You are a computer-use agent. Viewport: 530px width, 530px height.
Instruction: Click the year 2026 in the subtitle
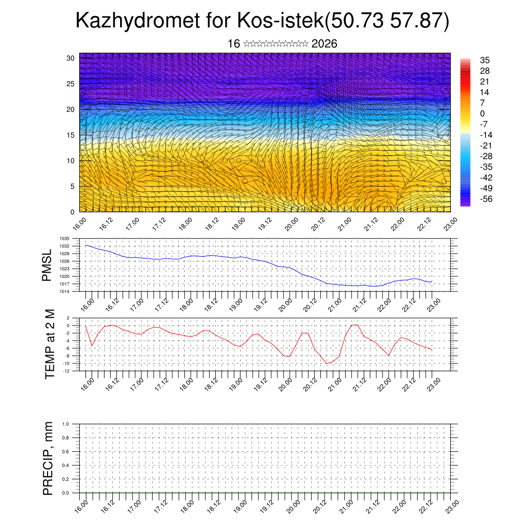point(325,44)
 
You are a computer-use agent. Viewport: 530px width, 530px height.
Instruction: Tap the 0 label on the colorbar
point(482,113)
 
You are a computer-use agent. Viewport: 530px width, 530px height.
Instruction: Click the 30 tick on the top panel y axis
point(71,58)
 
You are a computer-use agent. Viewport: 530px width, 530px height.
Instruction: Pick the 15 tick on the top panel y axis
point(71,135)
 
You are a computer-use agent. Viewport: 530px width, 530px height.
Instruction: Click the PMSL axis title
point(47,265)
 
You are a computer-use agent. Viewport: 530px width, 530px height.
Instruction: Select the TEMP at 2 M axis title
point(50,344)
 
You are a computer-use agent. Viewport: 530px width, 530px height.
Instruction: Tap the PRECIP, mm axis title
point(48,458)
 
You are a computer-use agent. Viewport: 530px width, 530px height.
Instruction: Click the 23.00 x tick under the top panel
point(449,227)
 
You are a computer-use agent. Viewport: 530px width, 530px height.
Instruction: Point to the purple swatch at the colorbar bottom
point(465,203)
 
